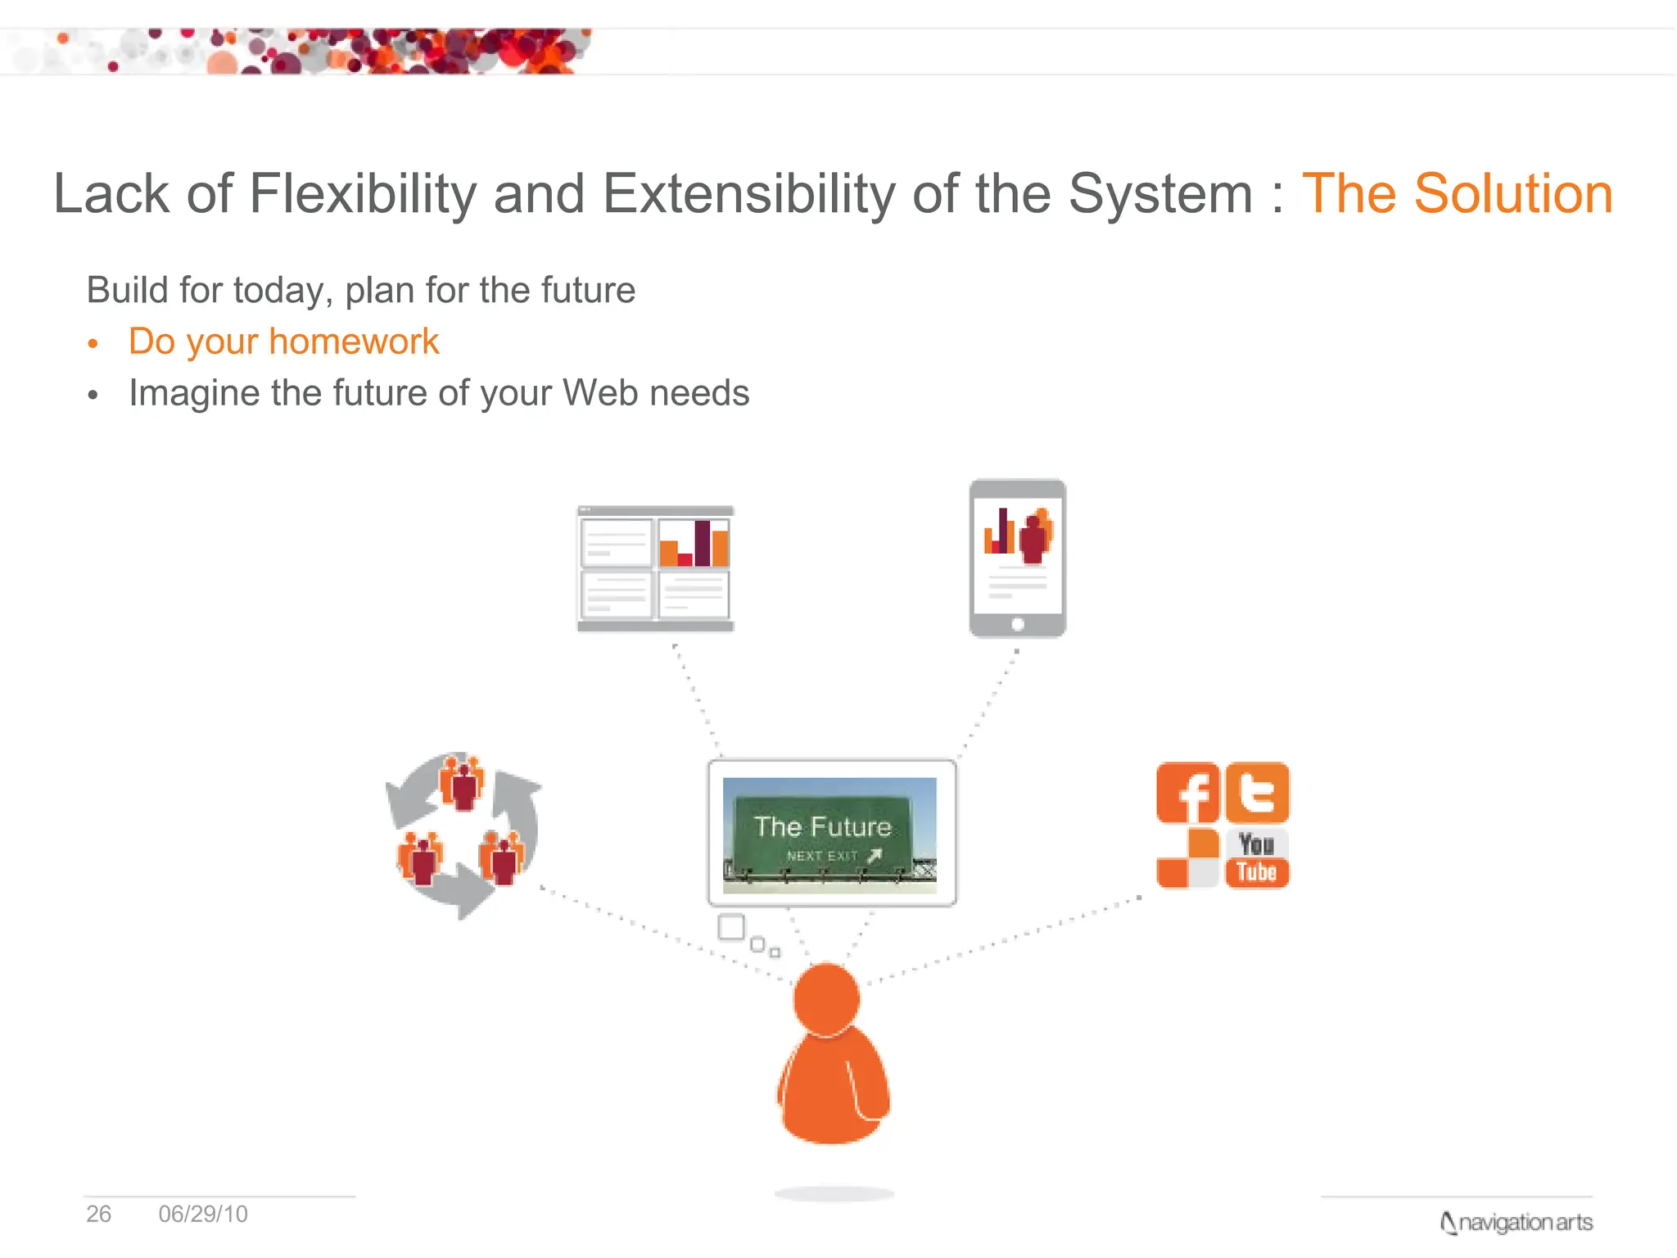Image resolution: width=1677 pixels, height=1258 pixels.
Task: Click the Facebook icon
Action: click(1187, 793)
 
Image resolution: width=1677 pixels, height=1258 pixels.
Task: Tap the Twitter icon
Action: click(1257, 793)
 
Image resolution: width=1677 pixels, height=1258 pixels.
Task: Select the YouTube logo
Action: click(1257, 858)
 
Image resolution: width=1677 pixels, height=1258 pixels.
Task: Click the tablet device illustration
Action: click(1017, 558)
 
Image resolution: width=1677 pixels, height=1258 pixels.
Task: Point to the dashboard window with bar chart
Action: click(655, 568)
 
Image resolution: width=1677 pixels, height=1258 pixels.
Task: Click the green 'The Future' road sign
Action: click(823, 835)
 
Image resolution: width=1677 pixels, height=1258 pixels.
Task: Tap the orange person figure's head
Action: click(827, 999)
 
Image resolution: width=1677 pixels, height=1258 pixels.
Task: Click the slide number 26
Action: click(98, 1214)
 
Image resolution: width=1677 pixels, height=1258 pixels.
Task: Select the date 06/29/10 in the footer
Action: click(203, 1214)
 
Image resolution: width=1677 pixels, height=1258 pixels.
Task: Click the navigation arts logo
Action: click(1517, 1223)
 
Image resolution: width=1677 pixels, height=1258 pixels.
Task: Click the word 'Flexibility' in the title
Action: click(362, 194)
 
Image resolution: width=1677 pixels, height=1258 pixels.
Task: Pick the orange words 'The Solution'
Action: click(1457, 194)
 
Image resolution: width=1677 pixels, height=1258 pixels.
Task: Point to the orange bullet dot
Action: click(93, 343)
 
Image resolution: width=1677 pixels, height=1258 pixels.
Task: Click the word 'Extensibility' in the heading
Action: click(748, 194)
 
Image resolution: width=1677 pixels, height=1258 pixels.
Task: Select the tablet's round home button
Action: click(1017, 624)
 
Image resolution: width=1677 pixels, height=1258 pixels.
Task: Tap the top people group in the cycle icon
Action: click(462, 782)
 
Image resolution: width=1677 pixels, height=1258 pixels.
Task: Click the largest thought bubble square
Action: click(730, 927)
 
